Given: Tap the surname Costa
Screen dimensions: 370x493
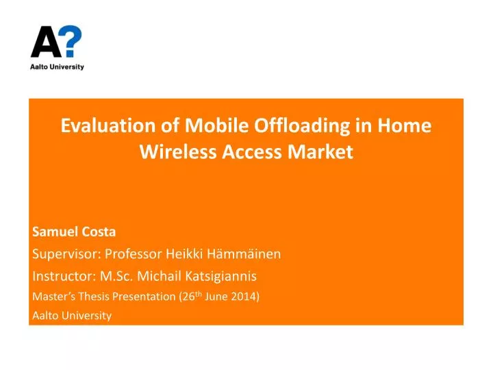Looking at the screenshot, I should [99, 232].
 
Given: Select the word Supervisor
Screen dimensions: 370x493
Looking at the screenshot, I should [66, 254].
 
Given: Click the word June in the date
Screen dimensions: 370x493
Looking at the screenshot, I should [219, 297].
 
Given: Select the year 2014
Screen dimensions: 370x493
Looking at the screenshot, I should [244, 297].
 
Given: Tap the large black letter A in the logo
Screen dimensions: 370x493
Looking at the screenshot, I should [43, 42].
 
